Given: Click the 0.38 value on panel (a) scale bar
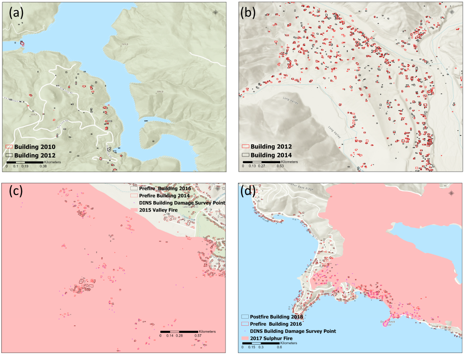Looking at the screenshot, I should pos(43,166).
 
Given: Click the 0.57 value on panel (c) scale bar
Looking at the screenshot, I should pos(198,336).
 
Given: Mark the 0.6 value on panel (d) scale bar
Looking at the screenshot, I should pos(279,347).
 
